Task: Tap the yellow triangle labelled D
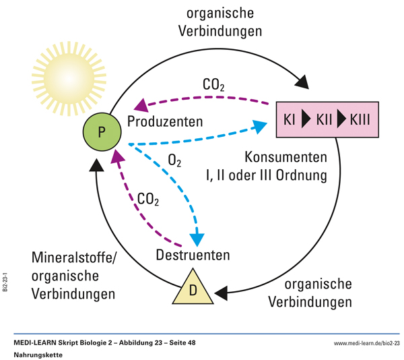(x=193, y=289)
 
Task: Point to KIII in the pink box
(x=361, y=121)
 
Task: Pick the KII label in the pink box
(x=325, y=121)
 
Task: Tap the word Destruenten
(x=193, y=255)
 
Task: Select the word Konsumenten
(x=285, y=158)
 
